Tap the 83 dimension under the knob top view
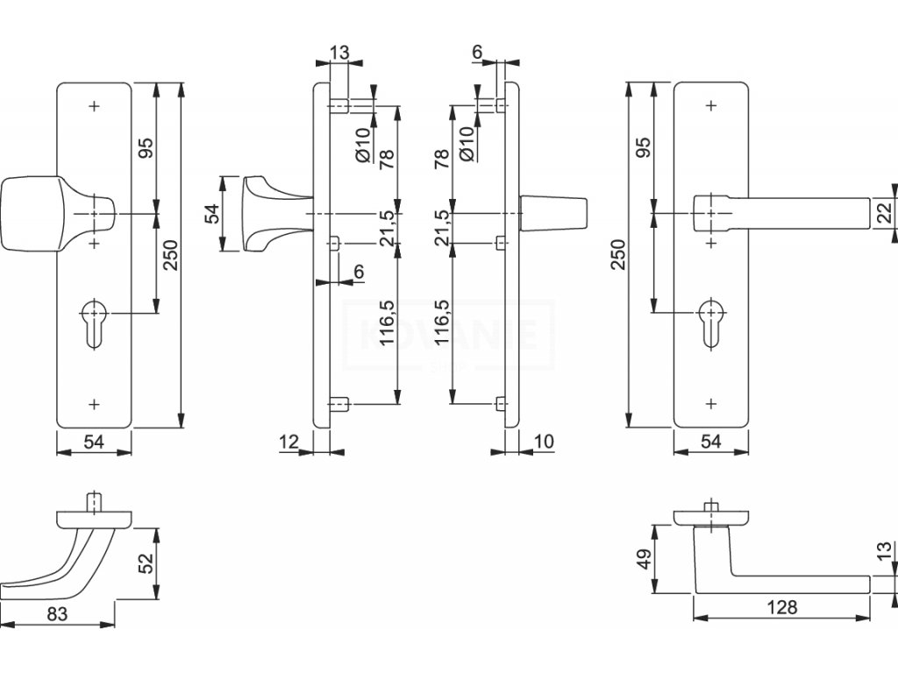(x=57, y=614)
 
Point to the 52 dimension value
(x=147, y=563)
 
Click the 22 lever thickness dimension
(x=885, y=213)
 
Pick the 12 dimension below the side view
(x=289, y=442)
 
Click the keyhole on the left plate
(x=94, y=323)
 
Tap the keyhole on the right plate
(x=710, y=323)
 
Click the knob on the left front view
(x=57, y=214)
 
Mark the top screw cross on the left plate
(x=95, y=106)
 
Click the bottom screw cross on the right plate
(x=710, y=404)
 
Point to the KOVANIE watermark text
(x=449, y=335)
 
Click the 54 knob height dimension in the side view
(x=212, y=214)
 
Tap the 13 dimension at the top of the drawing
(x=339, y=53)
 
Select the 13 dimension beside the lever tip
(x=885, y=550)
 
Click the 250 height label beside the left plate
(x=171, y=255)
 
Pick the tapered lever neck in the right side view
(x=553, y=214)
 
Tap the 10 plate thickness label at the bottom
(x=544, y=442)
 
